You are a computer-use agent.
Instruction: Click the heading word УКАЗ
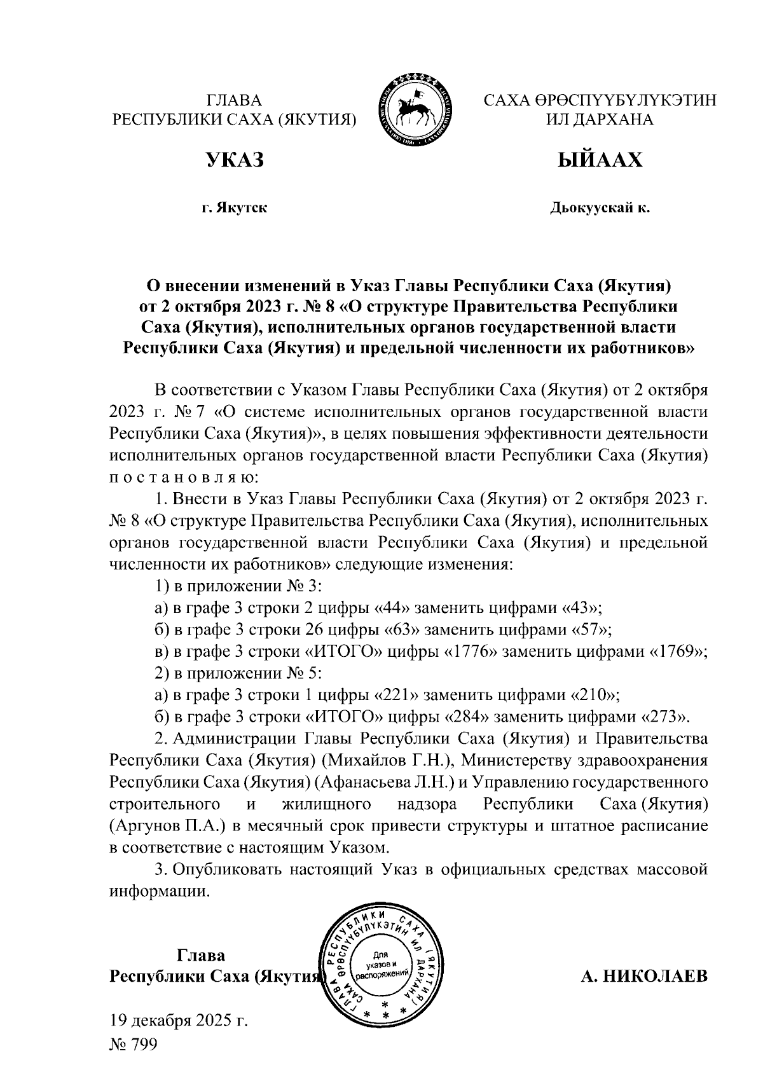point(233,160)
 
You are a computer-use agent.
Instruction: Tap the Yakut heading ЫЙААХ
point(600,160)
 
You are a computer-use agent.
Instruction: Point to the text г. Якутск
point(234,208)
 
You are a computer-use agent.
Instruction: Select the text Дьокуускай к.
point(600,208)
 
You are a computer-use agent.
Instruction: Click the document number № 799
point(133,1045)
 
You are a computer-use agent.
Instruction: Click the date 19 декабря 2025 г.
point(178,1021)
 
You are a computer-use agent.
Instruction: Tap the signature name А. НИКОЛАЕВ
point(643,976)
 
